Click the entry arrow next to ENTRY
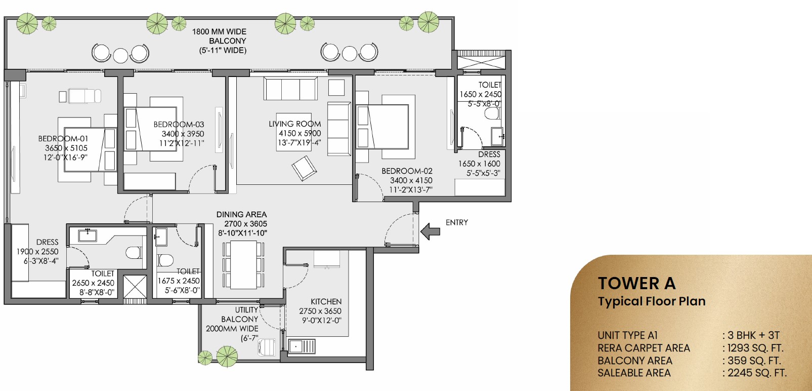click(430, 231)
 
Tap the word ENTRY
click(456, 222)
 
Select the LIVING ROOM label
click(294, 124)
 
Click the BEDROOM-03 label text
click(179, 124)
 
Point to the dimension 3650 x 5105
click(66, 148)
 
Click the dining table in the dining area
click(244, 264)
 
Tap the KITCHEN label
click(326, 301)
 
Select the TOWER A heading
click(636, 283)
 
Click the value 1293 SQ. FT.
click(755, 348)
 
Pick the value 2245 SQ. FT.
click(757, 373)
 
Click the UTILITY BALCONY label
click(240, 315)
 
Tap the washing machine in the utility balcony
click(267, 347)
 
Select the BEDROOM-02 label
click(407, 171)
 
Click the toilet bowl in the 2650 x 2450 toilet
click(134, 252)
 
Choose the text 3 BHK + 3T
click(753, 335)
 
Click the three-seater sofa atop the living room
click(290, 89)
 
